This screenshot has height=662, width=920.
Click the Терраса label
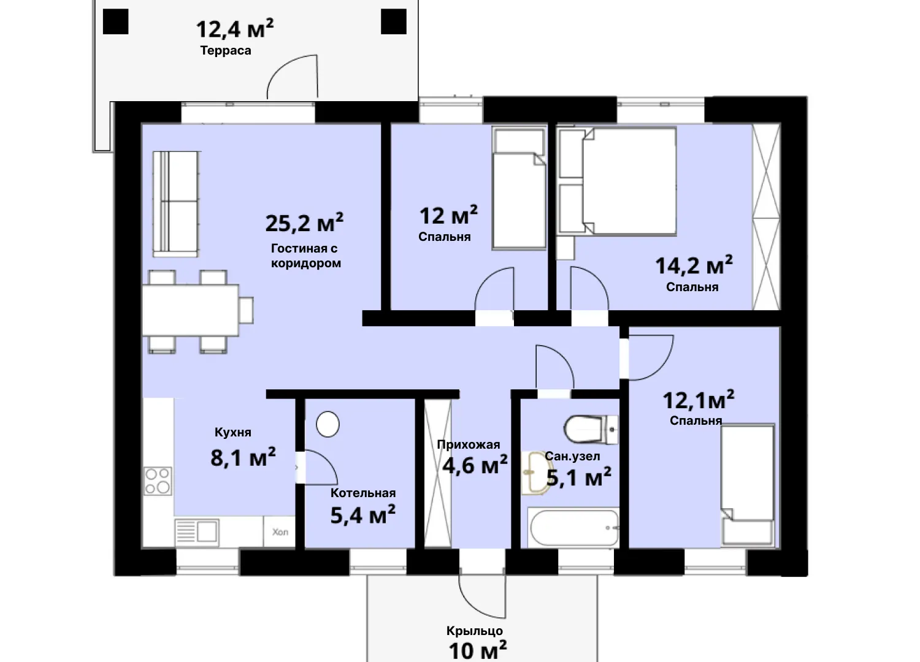[x=226, y=51]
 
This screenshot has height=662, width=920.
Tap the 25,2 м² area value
[x=304, y=223]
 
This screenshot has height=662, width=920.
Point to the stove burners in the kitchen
[x=158, y=481]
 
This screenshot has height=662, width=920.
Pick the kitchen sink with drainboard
[x=197, y=532]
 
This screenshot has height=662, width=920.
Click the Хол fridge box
[x=280, y=532]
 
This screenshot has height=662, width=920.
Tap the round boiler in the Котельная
[x=328, y=424]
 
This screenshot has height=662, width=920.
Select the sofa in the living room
[x=176, y=204]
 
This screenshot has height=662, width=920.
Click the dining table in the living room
[x=191, y=310]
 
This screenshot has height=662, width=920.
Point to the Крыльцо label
[x=475, y=631]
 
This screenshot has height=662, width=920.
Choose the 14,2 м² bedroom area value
[x=694, y=265]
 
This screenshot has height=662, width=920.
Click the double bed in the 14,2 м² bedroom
[x=629, y=181]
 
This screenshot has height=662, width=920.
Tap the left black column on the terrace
[x=115, y=21]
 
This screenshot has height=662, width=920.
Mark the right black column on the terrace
[x=394, y=21]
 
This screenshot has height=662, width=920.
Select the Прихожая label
[x=469, y=444]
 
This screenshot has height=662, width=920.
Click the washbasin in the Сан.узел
[x=537, y=473]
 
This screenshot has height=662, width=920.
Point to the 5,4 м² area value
[x=363, y=516]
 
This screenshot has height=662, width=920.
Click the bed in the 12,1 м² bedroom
[x=748, y=484]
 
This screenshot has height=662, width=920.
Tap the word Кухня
[x=233, y=432]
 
